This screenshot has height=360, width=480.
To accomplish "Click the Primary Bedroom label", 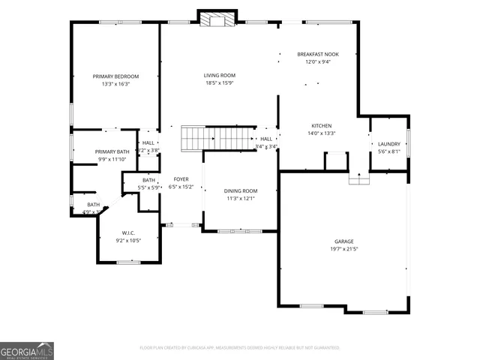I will pos(115,76).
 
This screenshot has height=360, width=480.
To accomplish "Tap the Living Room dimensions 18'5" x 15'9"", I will pos(220,84).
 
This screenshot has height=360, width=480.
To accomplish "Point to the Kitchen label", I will pos(322,125).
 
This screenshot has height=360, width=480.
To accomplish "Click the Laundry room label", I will pos(388,143).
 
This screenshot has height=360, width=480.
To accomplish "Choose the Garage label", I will pos(344,241).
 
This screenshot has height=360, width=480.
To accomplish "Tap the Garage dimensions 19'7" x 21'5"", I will pos(344,249).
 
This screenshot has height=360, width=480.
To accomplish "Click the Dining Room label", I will pos(241,190).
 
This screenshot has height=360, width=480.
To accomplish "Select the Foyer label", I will pos(181,179).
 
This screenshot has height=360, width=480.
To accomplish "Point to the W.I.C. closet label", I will pos(128,232).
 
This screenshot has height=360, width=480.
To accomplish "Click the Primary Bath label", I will pos(112,151).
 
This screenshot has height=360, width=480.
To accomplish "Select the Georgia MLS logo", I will pos(27,350).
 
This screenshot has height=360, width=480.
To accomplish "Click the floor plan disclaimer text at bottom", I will pos(240,347).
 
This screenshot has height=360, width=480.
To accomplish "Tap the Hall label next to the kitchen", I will pos(266,139).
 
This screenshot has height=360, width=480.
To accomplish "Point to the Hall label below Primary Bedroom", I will pos(148,142).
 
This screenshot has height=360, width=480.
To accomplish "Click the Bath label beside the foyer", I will pos(148,179).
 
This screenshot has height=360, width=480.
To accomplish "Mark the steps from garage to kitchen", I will pos(359,178).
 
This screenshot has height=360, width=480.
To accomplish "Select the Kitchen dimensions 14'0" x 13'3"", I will pos(322,133).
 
